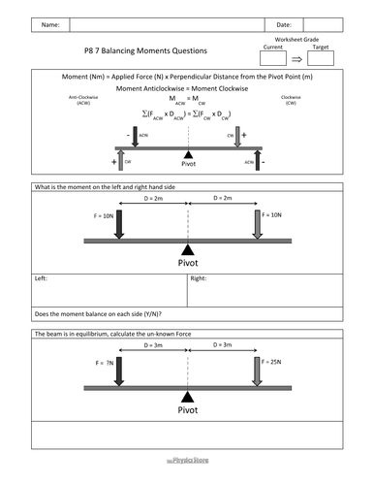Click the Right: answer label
(199, 277)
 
